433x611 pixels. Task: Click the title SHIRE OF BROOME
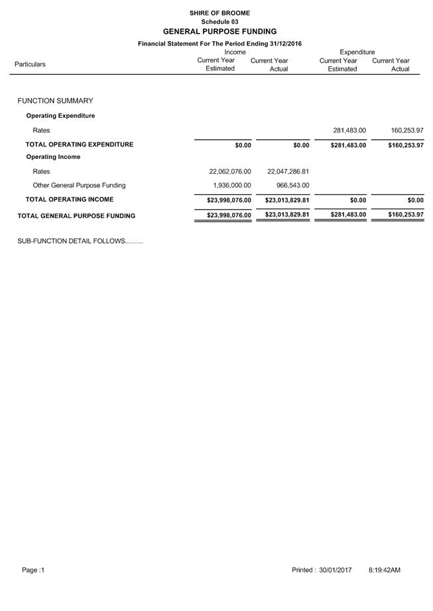click(x=219, y=13)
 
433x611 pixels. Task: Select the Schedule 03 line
click(x=219, y=22)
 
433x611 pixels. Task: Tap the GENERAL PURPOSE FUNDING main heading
click(x=219, y=31)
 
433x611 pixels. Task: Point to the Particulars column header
click(x=30, y=64)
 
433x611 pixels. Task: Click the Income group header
click(x=235, y=52)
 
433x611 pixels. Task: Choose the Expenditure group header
click(x=357, y=52)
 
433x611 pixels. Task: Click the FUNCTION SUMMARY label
click(x=55, y=101)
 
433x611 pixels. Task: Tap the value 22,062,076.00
click(x=230, y=172)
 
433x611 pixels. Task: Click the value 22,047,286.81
click(x=288, y=172)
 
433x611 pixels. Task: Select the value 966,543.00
click(x=292, y=186)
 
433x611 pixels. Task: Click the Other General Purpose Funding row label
click(x=79, y=186)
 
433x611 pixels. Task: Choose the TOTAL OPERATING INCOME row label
click(x=70, y=199)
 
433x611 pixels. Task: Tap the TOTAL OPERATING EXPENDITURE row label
click(x=80, y=144)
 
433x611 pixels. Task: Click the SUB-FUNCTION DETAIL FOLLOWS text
click(x=80, y=241)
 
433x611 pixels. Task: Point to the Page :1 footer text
click(x=33, y=570)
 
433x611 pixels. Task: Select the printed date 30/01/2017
click(x=336, y=570)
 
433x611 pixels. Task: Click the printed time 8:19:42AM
click(x=384, y=570)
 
